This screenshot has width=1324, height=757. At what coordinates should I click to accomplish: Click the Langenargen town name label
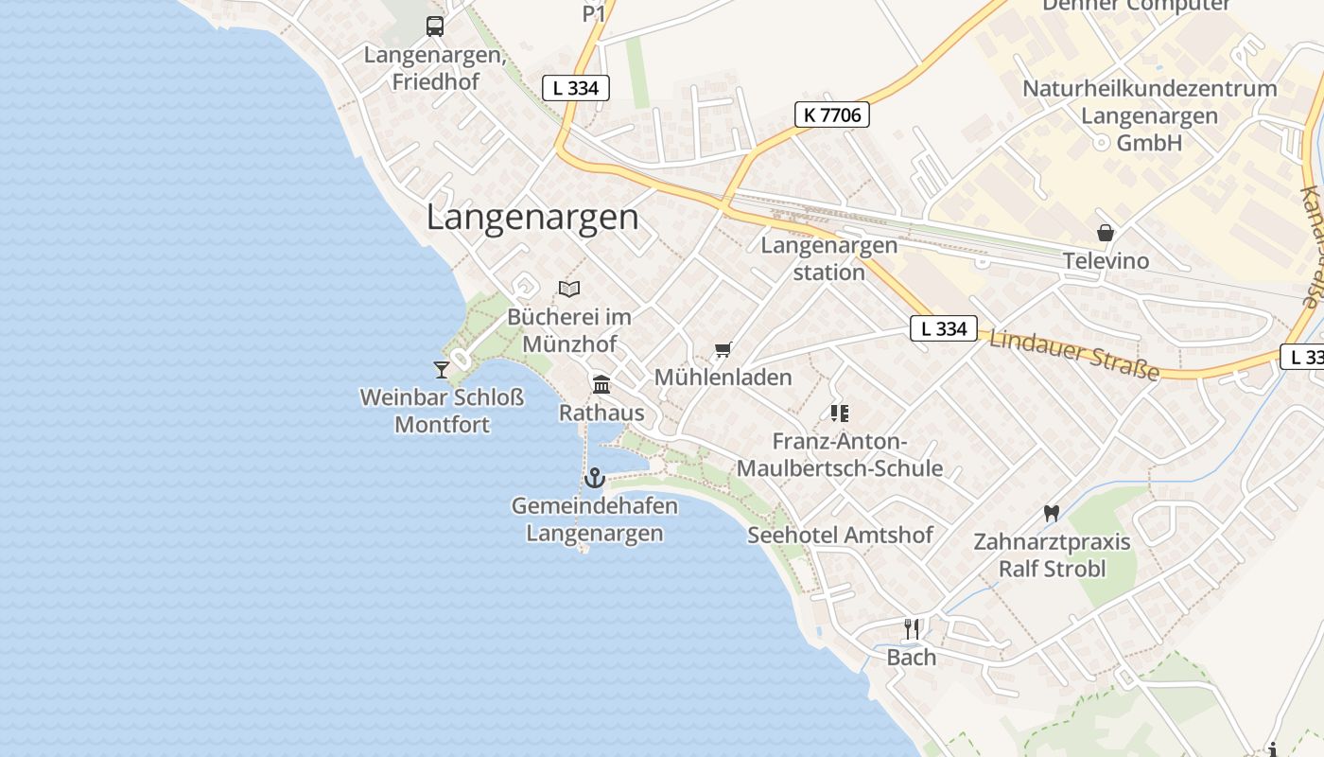pos(532,218)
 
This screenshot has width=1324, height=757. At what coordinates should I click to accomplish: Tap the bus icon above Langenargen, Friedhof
pos(435,26)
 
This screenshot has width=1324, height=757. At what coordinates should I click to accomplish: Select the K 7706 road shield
pos(831,115)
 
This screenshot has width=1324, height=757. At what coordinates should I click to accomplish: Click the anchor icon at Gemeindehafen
pos(594,478)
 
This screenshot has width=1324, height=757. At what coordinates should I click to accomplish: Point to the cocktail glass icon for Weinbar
pos(441,369)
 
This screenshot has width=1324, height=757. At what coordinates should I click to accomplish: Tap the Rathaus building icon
pos(601,384)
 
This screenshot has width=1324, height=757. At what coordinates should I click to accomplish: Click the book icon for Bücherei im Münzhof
pos(569,289)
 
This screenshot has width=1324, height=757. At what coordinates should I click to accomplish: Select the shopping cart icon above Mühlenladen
pos(723,350)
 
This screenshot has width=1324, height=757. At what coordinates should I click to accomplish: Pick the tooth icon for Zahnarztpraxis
pos(1050,513)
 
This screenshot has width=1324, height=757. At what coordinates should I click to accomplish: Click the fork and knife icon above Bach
pos(912,628)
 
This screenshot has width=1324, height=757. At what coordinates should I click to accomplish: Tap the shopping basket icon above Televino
pos(1105,233)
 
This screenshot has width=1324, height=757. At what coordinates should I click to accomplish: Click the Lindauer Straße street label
pos(1073,354)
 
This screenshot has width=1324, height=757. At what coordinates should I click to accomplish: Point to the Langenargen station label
pos(829,258)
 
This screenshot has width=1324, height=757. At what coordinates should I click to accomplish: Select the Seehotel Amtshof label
pos(841,535)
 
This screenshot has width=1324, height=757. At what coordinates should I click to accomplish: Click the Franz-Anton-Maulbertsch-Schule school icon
pos(839,413)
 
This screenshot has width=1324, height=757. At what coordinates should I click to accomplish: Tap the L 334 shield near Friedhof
pos(575,88)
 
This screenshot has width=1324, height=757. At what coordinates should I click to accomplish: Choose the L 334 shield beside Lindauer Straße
pos(943,328)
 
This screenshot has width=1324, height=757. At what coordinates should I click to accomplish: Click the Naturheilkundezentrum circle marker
pos(1100,143)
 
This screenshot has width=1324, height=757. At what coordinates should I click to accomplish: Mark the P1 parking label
pos(593,13)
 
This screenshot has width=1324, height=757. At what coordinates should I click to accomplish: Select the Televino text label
pos(1106,261)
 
